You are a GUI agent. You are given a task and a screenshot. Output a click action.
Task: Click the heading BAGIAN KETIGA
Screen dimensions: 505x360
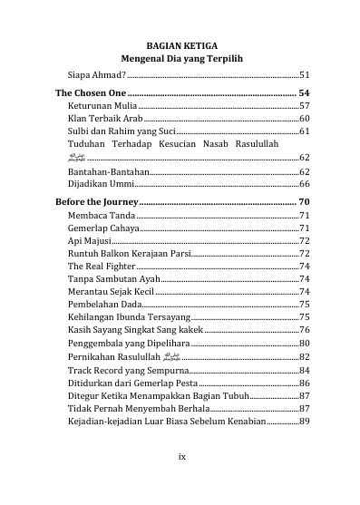pyautogui.click(x=180, y=44)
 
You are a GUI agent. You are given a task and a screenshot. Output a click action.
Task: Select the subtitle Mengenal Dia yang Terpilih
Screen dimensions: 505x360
pyautogui.click(x=180, y=58)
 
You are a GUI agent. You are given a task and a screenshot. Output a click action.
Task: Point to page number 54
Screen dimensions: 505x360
pyautogui.click(x=304, y=93)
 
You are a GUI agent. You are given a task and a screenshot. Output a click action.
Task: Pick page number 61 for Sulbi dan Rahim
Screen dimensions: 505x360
pyautogui.click(x=305, y=131)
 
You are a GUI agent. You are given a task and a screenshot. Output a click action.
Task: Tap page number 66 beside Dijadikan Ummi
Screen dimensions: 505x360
pyautogui.click(x=305, y=183)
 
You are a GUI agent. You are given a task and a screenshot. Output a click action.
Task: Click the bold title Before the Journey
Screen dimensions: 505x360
pyautogui.click(x=96, y=201)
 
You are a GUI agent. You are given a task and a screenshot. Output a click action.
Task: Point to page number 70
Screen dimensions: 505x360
pyautogui.click(x=304, y=201)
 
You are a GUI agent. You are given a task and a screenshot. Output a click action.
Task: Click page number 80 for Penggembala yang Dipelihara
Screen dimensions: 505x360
pyautogui.click(x=305, y=344)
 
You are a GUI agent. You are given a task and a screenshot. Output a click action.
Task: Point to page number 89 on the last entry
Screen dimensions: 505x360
pyautogui.click(x=305, y=422)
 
